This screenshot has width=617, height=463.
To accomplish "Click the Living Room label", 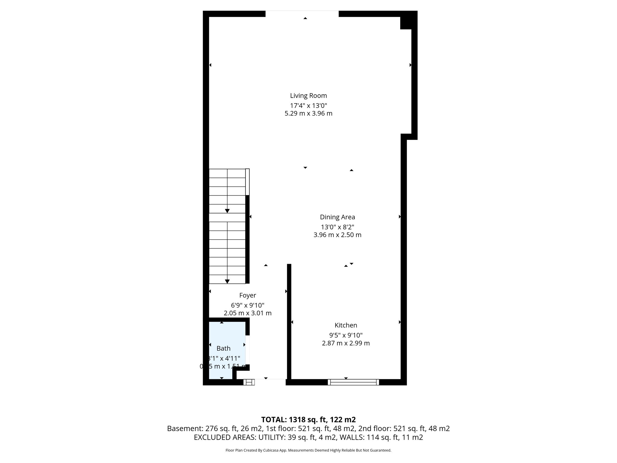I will [x=308, y=96].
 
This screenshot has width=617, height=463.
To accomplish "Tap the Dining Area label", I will [x=337, y=217].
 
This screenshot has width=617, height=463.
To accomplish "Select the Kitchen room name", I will [x=346, y=325].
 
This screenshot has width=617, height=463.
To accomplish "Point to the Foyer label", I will [x=248, y=295].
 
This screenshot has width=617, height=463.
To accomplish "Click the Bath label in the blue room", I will [x=223, y=348].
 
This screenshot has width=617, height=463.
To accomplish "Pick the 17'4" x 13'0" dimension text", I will [x=308, y=106].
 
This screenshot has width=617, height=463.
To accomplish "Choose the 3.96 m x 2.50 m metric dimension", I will [x=337, y=235].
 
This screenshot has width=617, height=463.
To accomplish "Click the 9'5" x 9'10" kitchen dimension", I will [x=346, y=335].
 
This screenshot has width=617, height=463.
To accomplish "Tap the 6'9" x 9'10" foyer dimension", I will [x=248, y=305].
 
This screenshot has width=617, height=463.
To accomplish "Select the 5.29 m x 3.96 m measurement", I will [x=308, y=113].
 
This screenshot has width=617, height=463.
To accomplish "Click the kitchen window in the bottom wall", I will [x=353, y=382].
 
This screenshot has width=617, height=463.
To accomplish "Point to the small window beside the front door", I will [x=249, y=382].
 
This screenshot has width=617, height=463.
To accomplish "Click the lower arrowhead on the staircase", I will [x=227, y=282].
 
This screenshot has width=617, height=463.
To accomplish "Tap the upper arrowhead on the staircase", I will [x=227, y=211].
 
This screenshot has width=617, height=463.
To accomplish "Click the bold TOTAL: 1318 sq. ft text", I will [x=308, y=420].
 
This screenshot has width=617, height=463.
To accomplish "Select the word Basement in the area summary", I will [x=185, y=428].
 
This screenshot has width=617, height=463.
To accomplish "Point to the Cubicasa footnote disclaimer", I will [x=308, y=450].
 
